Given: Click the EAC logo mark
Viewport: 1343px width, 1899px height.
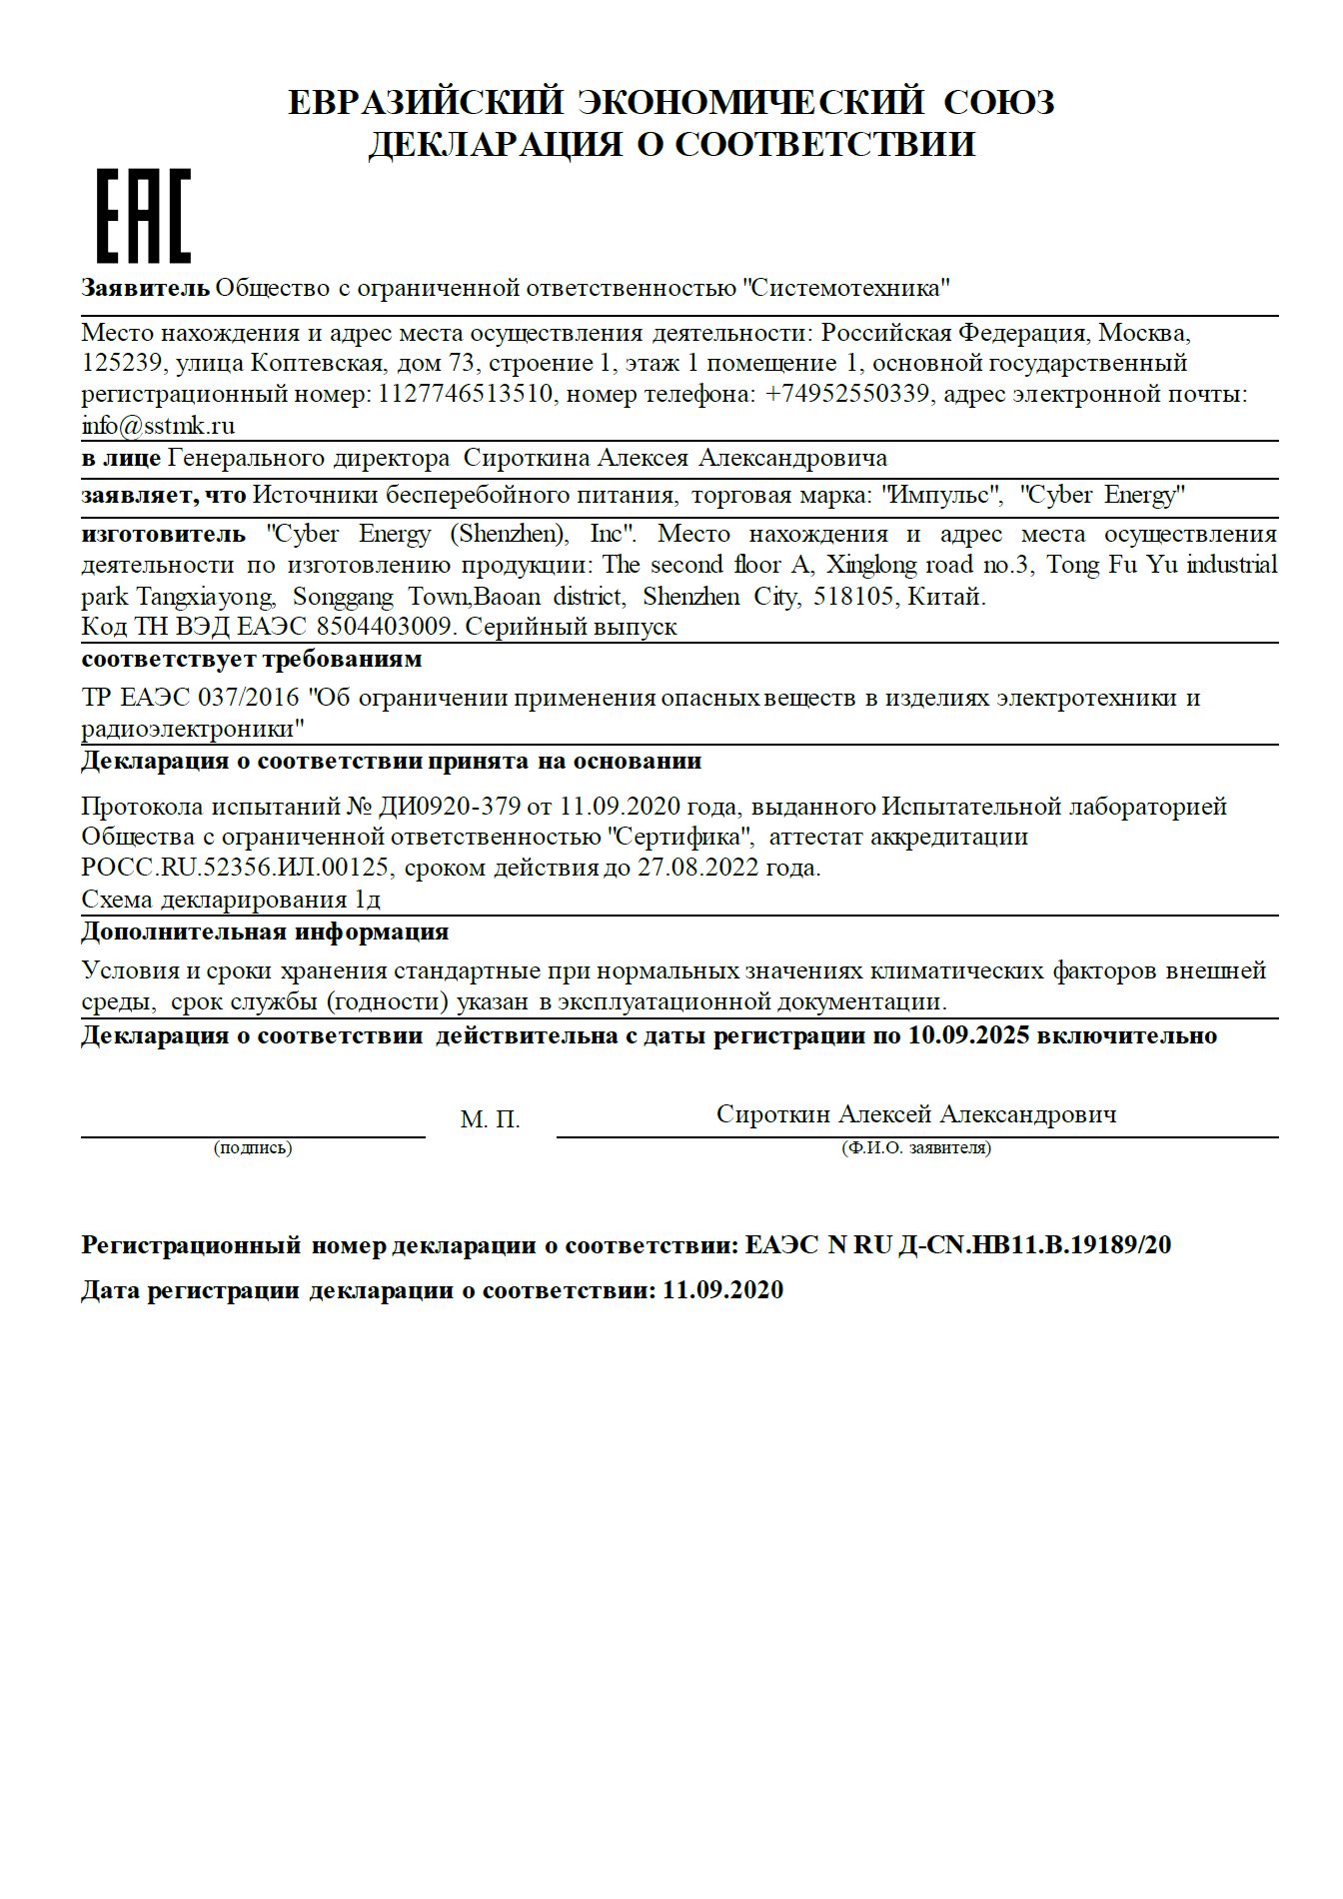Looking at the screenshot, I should pos(143,216).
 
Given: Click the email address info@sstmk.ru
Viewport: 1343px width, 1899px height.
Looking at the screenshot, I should pos(158,426).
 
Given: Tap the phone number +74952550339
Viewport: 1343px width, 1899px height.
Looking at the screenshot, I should pos(847,394).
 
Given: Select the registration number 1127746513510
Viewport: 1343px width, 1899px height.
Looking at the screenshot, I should pos(465,394).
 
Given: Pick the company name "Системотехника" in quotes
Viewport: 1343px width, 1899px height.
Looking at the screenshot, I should pos(845,289).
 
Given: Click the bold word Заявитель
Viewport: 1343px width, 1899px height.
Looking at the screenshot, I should pos(146,289).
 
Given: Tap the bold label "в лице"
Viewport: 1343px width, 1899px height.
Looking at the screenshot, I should pos(121,459).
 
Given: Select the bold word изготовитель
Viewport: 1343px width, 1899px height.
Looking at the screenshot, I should pos(163,534).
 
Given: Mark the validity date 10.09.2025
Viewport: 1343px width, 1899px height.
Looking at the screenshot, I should pos(968,1035).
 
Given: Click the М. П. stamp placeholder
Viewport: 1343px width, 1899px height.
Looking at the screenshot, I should pos(490,1120).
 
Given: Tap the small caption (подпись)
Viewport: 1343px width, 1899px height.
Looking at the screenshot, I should pos(253,1148).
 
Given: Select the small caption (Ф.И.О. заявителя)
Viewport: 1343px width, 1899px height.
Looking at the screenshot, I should pos(916,1148).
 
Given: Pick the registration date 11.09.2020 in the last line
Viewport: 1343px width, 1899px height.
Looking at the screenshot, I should pos(722,1290).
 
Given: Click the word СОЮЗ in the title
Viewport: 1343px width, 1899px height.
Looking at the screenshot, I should pos(998,102).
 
